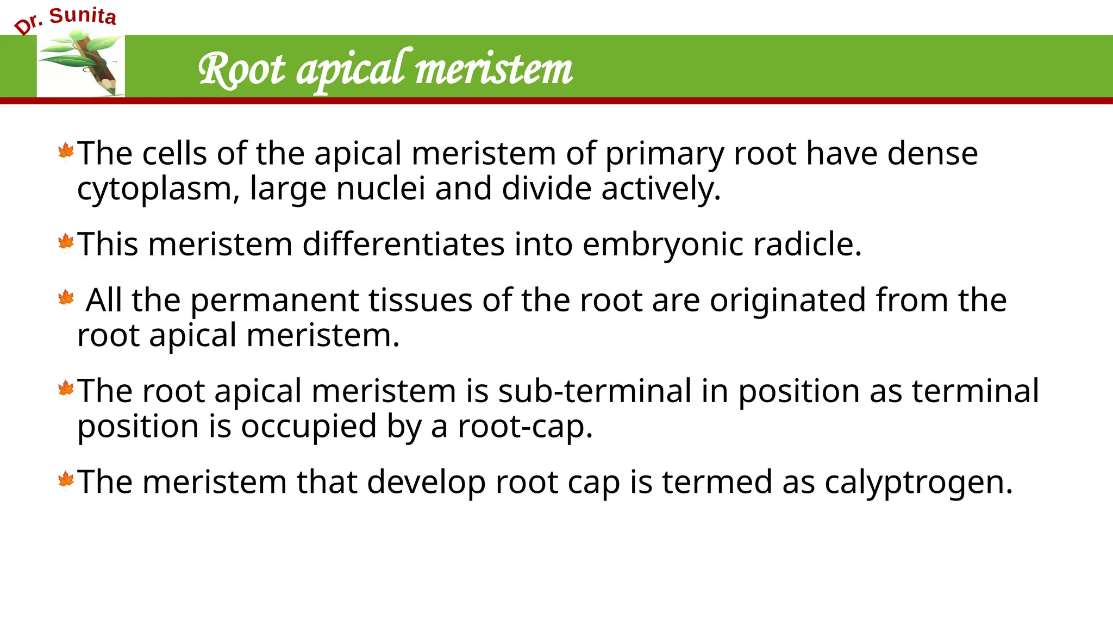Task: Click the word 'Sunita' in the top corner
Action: [83, 16]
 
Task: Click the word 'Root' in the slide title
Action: [241, 70]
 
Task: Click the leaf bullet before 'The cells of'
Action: [66, 152]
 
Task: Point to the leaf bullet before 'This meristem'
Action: [66, 242]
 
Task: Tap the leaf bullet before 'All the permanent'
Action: [66, 298]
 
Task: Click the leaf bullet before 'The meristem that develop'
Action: [66, 480]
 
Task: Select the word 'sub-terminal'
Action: [595, 391]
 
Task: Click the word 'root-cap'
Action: [524, 427]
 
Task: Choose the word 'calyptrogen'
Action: [918, 483]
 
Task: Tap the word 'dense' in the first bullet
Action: [933, 153]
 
